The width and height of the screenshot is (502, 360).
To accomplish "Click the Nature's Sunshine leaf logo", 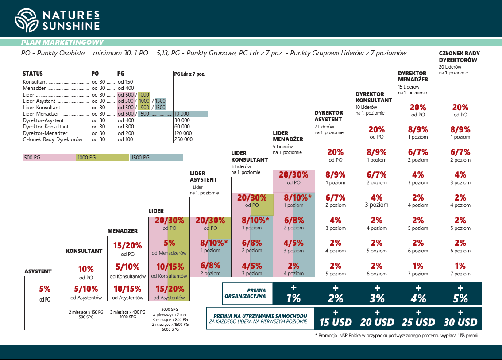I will (26, 20).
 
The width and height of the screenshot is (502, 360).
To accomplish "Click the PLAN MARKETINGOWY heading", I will (62, 43).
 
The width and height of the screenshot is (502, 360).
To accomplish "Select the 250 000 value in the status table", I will (184, 139).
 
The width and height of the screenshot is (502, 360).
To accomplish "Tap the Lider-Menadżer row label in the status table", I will (42, 114).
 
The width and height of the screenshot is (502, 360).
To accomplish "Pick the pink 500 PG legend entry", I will (49, 157).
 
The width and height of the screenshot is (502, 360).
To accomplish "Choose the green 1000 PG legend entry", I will (103, 157).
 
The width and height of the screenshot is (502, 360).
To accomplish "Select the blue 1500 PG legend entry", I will (156, 157).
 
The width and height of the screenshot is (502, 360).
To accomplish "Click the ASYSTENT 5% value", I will (44, 289).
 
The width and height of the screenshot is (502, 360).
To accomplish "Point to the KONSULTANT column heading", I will (84, 251).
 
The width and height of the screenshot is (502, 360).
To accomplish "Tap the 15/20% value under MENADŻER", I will (127, 246).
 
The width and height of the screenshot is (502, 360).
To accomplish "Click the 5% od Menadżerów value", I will (169, 243).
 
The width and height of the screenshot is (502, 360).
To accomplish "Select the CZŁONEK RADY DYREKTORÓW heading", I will (459, 57).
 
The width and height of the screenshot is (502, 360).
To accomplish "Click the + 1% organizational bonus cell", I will (293, 294).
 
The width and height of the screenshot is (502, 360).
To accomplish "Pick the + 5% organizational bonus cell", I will (460, 294).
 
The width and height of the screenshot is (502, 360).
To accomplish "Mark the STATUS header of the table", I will (33, 74).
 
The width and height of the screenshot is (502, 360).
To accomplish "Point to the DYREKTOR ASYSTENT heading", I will (328, 116).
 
